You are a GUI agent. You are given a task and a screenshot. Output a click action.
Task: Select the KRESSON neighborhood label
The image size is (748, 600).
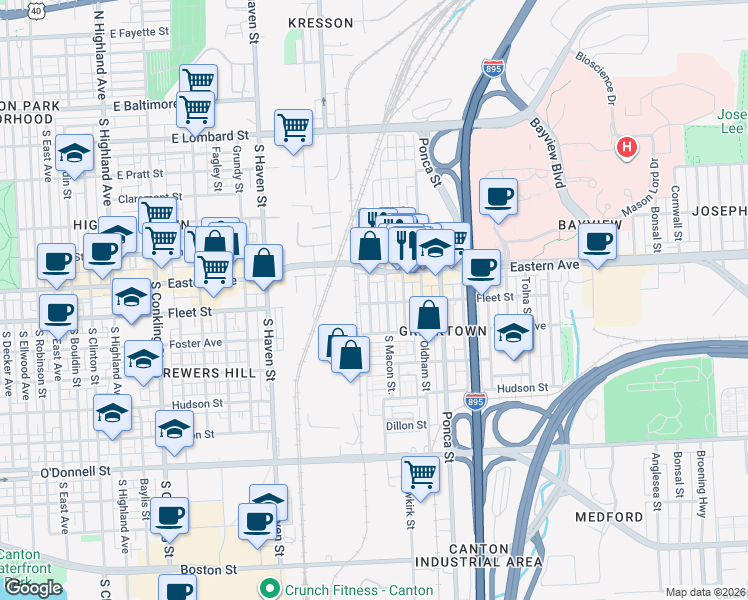click(320, 23)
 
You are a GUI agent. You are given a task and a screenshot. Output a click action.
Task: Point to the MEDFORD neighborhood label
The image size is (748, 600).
click(609, 517)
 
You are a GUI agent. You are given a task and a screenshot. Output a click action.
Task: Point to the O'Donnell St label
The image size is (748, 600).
click(74, 470)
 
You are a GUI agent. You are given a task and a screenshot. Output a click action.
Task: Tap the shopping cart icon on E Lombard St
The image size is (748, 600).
click(293, 127)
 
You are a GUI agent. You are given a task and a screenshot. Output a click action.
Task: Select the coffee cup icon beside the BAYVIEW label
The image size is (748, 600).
click(597, 242)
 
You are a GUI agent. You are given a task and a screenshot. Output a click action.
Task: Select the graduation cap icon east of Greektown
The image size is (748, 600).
click(513, 334)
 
